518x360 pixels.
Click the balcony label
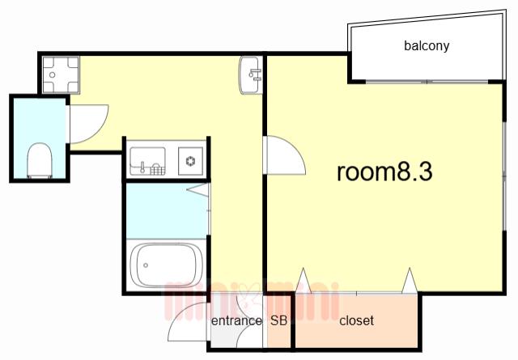(x=427, y=45)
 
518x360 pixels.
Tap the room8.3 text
(x=384, y=172)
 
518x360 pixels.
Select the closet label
(x=356, y=320)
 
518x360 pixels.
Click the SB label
(x=278, y=320)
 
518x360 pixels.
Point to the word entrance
(x=236, y=320)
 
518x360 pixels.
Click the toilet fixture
(x=40, y=160)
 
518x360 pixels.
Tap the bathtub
(x=166, y=265)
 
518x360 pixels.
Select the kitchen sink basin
(x=147, y=161)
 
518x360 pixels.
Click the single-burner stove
(x=191, y=161)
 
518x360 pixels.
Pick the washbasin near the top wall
(x=250, y=75)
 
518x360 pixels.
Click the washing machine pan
(x=62, y=74)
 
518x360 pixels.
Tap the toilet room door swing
(x=88, y=124)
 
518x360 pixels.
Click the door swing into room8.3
(x=285, y=155)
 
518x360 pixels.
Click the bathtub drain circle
(x=146, y=265)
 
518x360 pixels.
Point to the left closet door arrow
(x=304, y=281)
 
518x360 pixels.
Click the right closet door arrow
(x=410, y=281)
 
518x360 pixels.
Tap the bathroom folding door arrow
(x=197, y=190)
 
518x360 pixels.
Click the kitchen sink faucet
(x=143, y=167)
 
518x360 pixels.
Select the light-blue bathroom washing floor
(x=167, y=211)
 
